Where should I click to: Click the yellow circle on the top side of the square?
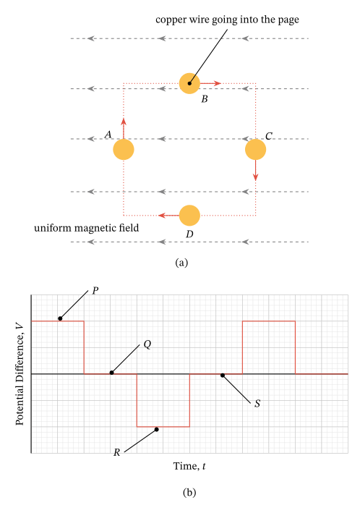189,83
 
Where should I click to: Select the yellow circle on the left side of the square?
124,149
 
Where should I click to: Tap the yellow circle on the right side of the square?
255,149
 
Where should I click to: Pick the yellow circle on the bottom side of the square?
189,215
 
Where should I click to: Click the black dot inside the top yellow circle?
189,83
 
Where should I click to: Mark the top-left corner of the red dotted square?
124,83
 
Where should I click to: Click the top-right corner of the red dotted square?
255,83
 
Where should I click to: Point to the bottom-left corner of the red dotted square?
124,215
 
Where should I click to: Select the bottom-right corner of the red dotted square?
255,215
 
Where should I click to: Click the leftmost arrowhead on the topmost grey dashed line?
91,38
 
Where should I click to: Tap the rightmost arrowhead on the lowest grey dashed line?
246,242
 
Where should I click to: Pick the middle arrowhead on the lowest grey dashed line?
162,242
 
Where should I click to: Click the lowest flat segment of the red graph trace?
163,427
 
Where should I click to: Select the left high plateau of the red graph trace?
58,321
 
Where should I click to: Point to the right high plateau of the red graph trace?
268,321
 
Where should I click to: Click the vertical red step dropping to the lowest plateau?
137,400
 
